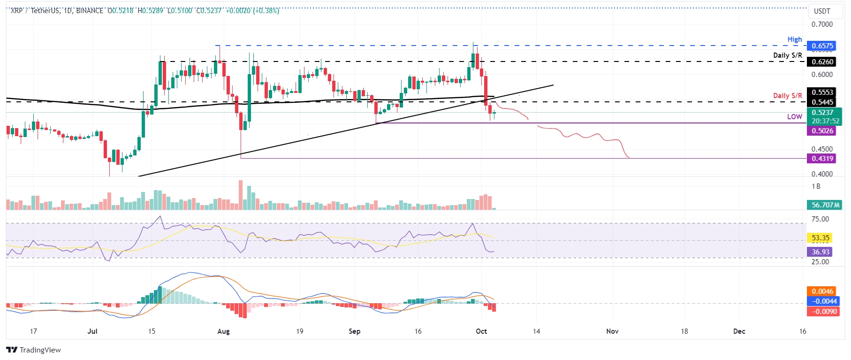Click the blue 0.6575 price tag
click(822, 46)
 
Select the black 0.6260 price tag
click(822, 62)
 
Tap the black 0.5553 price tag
click(822, 92)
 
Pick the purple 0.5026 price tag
click(822, 131)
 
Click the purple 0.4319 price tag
click(822, 159)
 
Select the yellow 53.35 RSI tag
click(821, 238)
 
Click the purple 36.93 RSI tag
click(821, 252)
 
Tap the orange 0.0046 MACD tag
click(822, 291)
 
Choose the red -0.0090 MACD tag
click(822, 312)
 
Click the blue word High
click(794, 39)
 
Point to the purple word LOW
click(794, 117)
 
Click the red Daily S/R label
click(787, 96)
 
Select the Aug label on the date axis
click(224, 331)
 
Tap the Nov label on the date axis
click(612, 331)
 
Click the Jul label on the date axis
click(92, 331)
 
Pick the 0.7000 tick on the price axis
click(822, 24)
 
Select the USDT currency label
click(822, 11)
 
